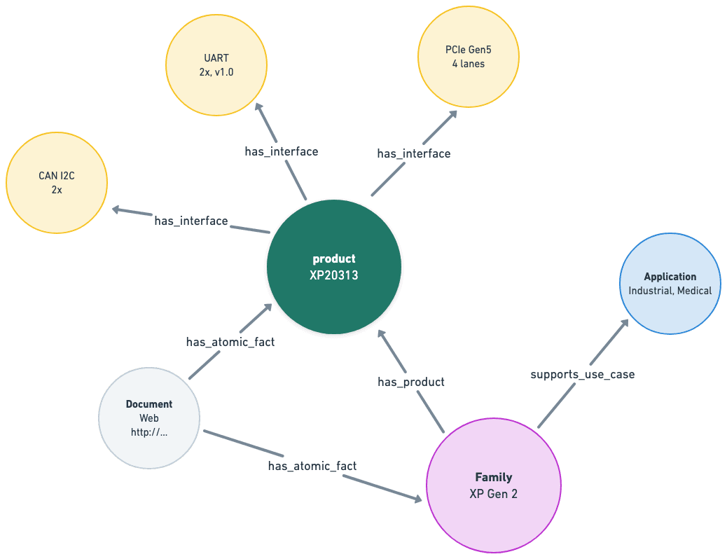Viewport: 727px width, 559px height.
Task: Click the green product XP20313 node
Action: (x=334, y=268)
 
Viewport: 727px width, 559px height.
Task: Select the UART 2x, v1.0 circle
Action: (x=216, y=64)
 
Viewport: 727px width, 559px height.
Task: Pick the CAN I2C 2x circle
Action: (x=57, y=182)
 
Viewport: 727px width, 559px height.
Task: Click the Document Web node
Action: (x=149, y=417)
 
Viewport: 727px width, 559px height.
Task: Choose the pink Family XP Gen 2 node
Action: (x=493, y=485)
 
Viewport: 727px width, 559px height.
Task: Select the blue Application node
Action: (x=670, y=283)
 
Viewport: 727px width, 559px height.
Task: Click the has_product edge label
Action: (x=411, y=382)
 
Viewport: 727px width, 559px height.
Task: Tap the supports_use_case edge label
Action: (x=583, y=375)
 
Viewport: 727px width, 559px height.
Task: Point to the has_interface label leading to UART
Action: (x=282, y=151)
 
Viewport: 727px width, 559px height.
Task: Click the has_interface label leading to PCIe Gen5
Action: (x=414, y=153)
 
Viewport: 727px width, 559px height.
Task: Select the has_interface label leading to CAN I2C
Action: (x=191, y=221)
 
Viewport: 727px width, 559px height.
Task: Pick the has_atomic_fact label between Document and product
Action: (x=230, y=343)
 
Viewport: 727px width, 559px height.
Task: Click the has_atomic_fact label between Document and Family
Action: (x=312, y=466)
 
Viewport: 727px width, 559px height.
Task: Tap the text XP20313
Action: (x=334, y=275)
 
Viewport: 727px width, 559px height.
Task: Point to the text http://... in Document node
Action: (x=149, y=432)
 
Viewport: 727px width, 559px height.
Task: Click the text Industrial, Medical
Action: (x=670, y=291)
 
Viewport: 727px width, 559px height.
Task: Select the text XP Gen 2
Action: (x=493, y=493)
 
